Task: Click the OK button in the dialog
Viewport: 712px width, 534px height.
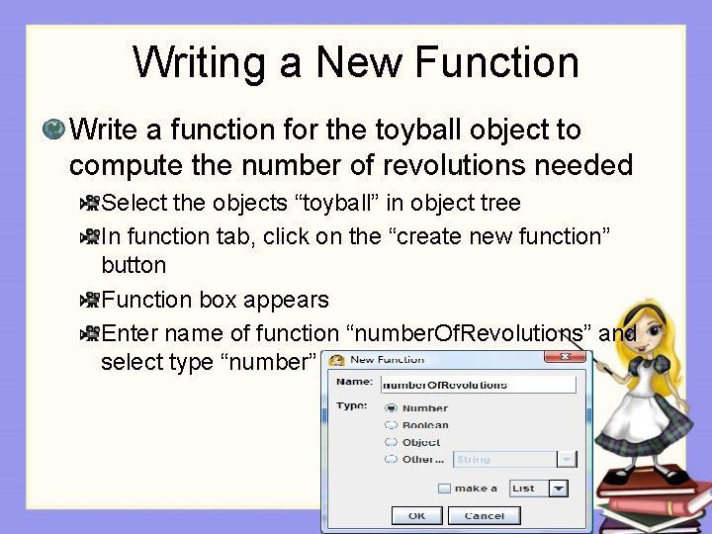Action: [x=416, y=515]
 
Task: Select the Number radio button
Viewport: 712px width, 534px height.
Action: [x=392, y=407]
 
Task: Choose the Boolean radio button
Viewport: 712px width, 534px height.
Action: [x=392, y=425]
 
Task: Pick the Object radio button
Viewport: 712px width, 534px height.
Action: [x=392, y=442]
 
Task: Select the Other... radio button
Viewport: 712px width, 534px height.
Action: [x=392, y=459]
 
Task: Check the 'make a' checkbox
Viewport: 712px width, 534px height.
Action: [x=444, y=489]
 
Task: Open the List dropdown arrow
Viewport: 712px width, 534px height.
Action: [x=559, y=489]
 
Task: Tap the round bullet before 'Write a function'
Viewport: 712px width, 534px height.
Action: [x=53, y=129]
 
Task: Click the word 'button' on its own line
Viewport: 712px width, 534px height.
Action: [x=133, y=265]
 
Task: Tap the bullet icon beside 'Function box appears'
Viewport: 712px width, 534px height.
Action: [x=90, y=299]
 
